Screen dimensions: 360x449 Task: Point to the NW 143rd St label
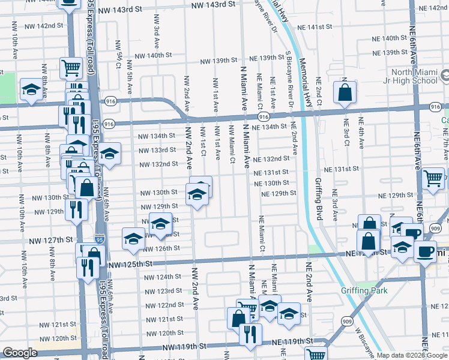[x=213, y=4]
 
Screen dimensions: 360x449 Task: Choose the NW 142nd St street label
[x=43, y=26]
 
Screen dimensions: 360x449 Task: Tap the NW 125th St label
[x=127, y=263]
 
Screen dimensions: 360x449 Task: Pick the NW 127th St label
[x=50, y=240]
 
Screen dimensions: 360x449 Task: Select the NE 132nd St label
[x=271, y=159]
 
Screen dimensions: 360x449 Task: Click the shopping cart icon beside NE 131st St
[x=432, y=179]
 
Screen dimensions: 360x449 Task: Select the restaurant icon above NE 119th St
[x=250, y=333]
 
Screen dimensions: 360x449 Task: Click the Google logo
[x=20, y=353]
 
